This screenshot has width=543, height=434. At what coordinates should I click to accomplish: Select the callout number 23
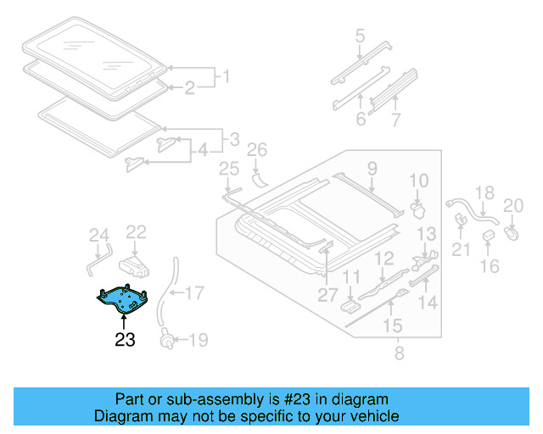[125, 341]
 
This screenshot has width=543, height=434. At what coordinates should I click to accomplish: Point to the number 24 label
[99, 236]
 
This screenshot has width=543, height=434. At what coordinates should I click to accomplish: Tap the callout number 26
[256, 152]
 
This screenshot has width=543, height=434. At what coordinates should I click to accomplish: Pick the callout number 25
[229, 170]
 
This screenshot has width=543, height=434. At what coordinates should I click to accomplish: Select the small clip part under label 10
[417, 208]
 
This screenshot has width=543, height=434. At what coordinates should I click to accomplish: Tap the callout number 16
[490, 268]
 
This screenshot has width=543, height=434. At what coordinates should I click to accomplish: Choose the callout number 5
[360, 36]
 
